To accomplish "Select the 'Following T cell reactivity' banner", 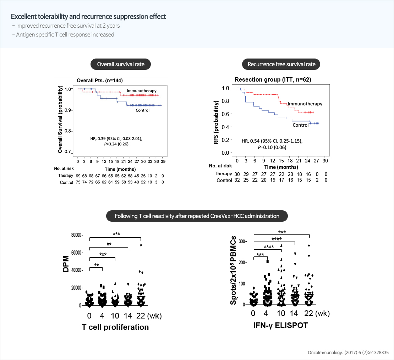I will click(197, 216).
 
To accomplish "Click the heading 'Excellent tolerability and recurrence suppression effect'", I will click(88, 17).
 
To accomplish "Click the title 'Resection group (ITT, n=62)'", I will click(273, 80).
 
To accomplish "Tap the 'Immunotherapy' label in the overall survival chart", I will click(141, 91).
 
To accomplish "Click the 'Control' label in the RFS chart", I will click(300, 125).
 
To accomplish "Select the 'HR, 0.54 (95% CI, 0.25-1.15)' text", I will click(272, 141).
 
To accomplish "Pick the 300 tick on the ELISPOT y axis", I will click(242, 242).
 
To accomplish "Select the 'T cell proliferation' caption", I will click(115, 327).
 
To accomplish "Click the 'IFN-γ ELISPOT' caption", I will click(280, 325).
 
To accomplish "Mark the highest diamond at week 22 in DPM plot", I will click(141, 245).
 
